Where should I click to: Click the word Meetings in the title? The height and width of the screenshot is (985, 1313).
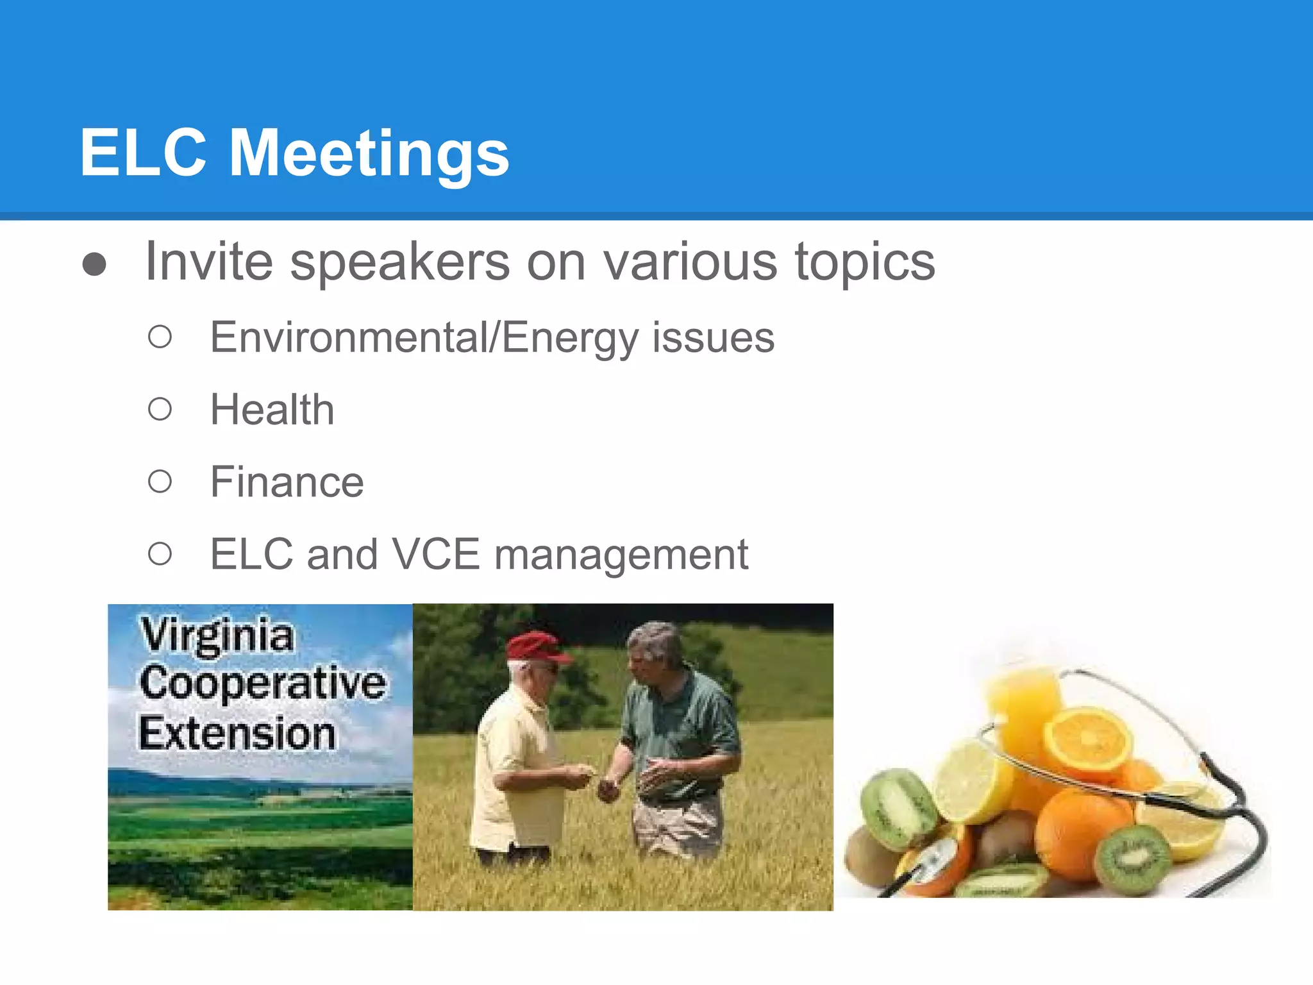point(369,154)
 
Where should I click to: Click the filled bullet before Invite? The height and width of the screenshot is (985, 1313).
point(94,264)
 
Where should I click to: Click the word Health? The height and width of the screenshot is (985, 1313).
point(272,410)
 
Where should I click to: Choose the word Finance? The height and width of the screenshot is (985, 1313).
point(287,482)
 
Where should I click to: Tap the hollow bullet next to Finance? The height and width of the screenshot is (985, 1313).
point(160,482)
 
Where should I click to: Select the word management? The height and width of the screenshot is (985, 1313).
point(621,555)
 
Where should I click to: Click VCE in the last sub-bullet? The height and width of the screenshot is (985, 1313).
point(435,554)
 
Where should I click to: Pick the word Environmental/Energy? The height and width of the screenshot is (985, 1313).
point(424,338)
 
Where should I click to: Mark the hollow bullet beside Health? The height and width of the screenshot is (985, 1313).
point(160,409)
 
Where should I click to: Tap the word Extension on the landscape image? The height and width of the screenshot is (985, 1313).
point(237,734)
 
